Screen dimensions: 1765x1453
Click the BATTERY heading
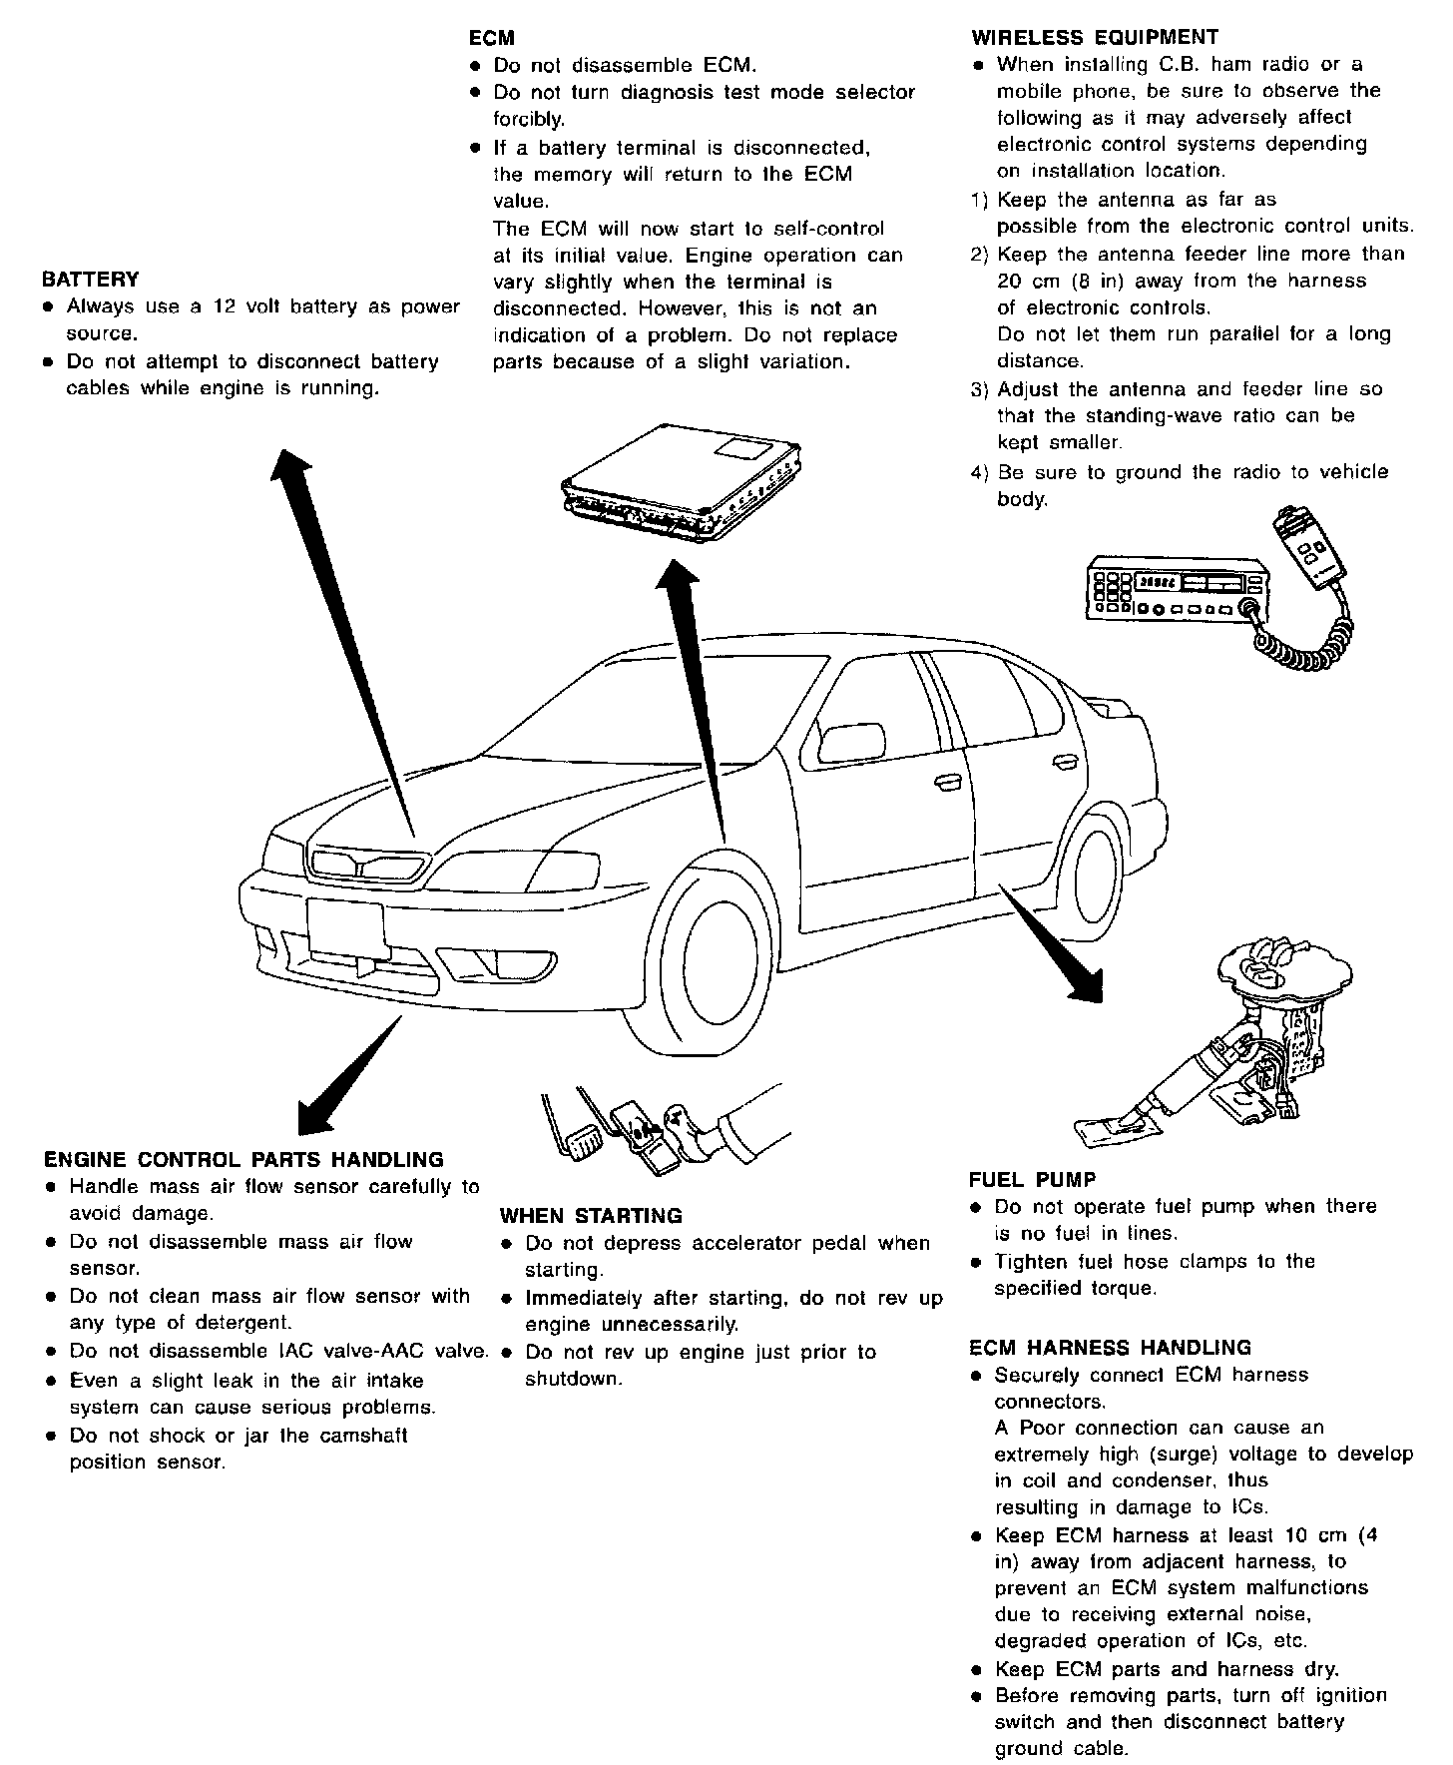91,280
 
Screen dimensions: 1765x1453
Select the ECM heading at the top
491,38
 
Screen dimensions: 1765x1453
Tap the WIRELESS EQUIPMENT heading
1094,38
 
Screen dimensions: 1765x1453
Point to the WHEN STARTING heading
591,1216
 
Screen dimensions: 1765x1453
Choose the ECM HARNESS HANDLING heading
1110,1348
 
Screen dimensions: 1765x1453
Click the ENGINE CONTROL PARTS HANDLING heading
243,1160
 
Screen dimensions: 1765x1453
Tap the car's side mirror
850,744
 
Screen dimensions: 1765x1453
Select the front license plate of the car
346,928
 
